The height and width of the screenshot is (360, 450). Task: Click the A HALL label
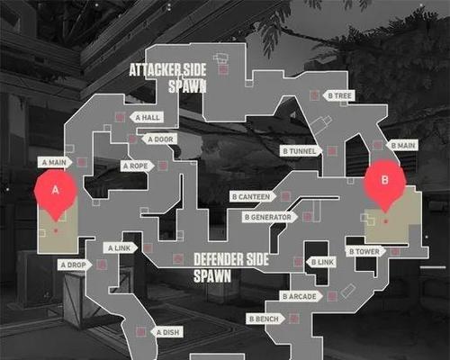(x=147, y=117)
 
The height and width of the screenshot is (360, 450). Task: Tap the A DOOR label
(x=159, y=139)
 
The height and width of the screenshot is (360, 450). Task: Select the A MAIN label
(x=55, y=162)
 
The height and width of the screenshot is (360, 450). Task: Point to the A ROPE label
(x=138, y=166)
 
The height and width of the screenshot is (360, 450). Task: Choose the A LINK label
(x=121, y=248)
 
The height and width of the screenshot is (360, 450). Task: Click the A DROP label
(x=75, y=265)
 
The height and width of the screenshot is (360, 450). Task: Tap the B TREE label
(x=338, y=95)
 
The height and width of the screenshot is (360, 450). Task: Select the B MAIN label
(x=402, y=146)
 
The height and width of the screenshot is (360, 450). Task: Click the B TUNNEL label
(x=301, y=151)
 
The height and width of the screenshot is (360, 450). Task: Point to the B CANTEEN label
(x=253, y=197)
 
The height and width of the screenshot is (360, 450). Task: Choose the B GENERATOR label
(x=270, y=217)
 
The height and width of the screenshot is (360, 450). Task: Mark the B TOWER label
(x=366, y=252)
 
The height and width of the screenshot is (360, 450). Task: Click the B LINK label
(x=321, y=262)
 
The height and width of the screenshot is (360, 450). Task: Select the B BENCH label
(x=265, y=319)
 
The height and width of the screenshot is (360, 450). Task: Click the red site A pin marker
(x=56, y=192)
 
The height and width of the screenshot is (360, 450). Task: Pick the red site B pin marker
(x=385, y=183)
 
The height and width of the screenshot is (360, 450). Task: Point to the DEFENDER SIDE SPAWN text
(x=231, y=268)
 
